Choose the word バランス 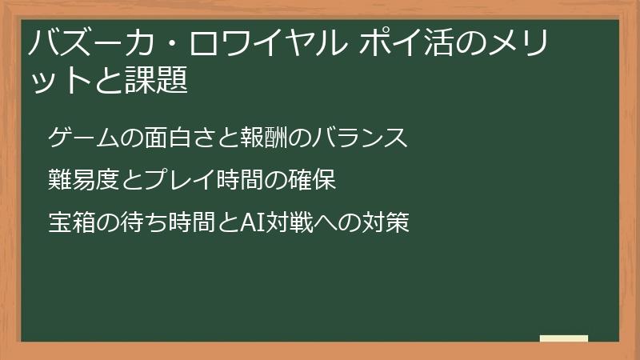tap(362, 138)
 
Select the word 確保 tap(310, 181)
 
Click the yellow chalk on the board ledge tap(563, 338)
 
